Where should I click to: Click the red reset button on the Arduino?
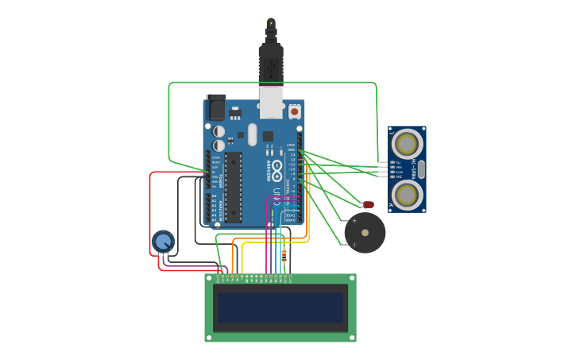[295, 112]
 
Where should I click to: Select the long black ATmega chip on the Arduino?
[233, 188]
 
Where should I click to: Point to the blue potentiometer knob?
[163, 241]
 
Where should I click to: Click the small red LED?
[369, 205]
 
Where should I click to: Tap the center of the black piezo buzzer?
[365, 233]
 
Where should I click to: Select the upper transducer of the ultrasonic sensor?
[407, 144]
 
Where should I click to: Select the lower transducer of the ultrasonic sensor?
[407, 193]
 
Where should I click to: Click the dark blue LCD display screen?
[280, 308]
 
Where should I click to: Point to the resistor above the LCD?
[284, 255]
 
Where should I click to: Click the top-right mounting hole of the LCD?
[352, 278]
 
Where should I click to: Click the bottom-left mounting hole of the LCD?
[209, 338]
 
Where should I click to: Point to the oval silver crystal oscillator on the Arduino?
[252, 134]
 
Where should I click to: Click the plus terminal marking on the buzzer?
[354, 220]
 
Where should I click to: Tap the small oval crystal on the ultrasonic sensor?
[422, 168]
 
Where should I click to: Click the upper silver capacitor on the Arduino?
[218, 131]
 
